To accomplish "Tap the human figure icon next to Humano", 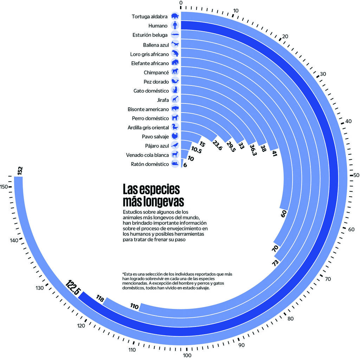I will click(175, 26).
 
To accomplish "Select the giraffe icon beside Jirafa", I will click(175, 99).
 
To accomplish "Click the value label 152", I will click(20, 171).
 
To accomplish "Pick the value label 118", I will click(100, 299).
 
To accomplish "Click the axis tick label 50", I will click(355, 175).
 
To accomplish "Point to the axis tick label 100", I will click(187, 355).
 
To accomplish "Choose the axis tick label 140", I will click(14, 241).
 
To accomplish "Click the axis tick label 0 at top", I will click(181, 3).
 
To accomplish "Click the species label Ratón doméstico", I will click(150, 164).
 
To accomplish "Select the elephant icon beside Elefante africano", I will click(175, 63).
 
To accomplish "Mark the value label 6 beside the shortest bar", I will click(185, 165).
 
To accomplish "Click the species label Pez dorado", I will click(156, 82).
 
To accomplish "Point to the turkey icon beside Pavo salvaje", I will click(175, 136).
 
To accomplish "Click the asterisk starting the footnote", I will click(123, 274).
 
